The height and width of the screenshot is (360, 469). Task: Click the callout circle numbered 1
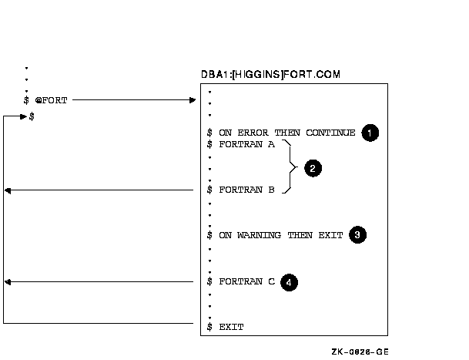click(x=370, y=133)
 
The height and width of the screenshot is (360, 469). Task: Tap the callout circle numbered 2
click(x=313, y=168)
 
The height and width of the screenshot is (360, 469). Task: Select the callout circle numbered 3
click(x=357, y=234)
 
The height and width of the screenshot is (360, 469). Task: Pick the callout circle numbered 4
click(x=289, y=282)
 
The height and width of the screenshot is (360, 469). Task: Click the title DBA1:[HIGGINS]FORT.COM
click(x=270, y=74)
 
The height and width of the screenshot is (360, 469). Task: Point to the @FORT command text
click(x=51, y=100)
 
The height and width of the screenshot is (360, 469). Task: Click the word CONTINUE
click(x=330, y=133)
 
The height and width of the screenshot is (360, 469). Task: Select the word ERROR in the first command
click(x=253, y=133)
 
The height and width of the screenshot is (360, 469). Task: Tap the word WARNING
click(x=259, y=235)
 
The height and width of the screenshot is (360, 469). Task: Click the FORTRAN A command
click(x=246, y=144)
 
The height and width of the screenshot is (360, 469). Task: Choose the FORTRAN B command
click(x=246, y=190)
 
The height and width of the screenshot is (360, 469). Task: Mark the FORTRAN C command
click(x=246, y=281)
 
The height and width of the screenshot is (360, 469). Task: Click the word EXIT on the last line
click(x=231, y=327)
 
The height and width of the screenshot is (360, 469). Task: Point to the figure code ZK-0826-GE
click(x=360, y=352)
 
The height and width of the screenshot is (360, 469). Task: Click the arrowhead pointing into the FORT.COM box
click(x=193, y=100)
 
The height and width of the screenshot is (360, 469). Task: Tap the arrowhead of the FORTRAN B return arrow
click(x=8, y=190)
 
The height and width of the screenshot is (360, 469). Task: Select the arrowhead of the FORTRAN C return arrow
click(x=8, y=282)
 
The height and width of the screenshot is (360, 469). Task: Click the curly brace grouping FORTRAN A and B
click(x=290, y=167)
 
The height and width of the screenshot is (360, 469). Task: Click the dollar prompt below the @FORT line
click(x=32, y=116)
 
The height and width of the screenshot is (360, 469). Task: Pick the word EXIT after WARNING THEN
click(x=330, y=235)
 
